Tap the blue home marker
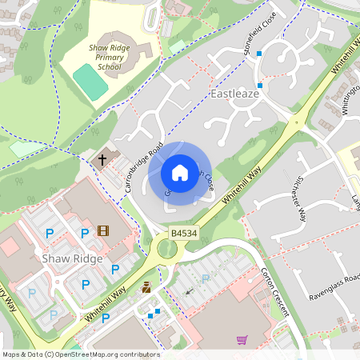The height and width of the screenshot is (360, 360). pos(180,172)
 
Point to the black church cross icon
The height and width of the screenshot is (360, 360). pos(102,159)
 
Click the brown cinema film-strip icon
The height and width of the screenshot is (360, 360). pos(102,231)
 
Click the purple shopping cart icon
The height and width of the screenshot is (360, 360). pos(242,340)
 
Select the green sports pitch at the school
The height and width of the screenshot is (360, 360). pos(90,81)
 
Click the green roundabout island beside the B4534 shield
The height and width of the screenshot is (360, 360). pos(167,250)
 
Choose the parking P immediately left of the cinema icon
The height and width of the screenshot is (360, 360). pos(84,233)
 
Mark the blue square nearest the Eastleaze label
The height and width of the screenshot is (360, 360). pos(259,85)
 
